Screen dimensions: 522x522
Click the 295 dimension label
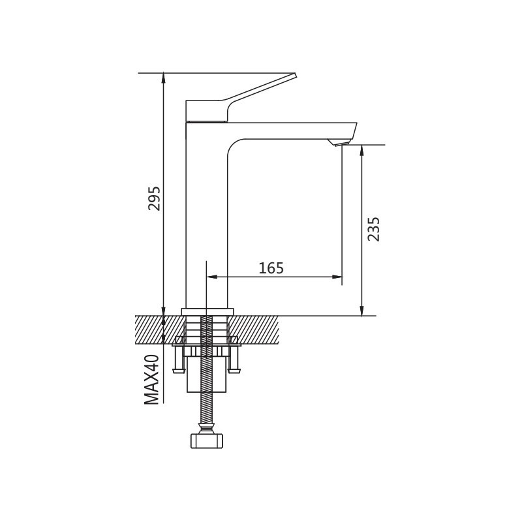coord(154,198)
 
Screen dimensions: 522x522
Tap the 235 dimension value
coord(373,229)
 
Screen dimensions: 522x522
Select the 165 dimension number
coord(271,268)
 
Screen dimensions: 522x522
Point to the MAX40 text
coord(151,380)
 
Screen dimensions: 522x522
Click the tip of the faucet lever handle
coord(295,74)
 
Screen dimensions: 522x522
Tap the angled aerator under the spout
coord(338,143)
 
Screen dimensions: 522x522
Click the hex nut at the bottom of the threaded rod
coord(207,440)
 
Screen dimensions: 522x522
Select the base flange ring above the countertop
coord(207,311)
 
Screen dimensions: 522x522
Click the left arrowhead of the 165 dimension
coord(211,276)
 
